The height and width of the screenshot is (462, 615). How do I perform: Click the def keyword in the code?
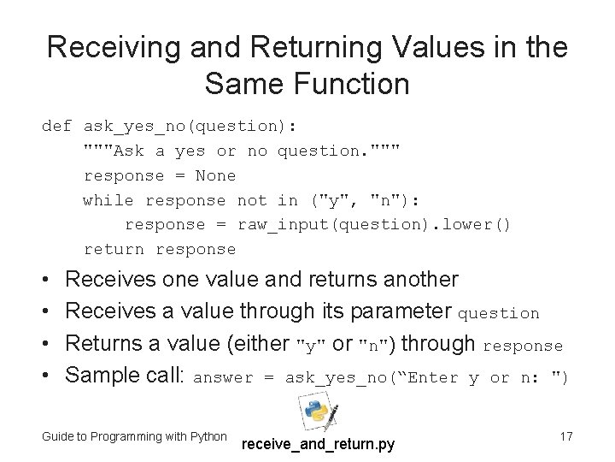click(56, 127)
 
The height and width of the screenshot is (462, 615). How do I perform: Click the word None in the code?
click(215, 175)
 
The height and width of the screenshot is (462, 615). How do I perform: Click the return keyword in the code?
click(114, 249)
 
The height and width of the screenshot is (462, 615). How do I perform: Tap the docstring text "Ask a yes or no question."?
click(241, 151)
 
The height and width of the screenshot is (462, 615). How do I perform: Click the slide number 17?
click(565, 436)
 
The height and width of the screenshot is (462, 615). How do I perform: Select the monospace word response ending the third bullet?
click(523, 346)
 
